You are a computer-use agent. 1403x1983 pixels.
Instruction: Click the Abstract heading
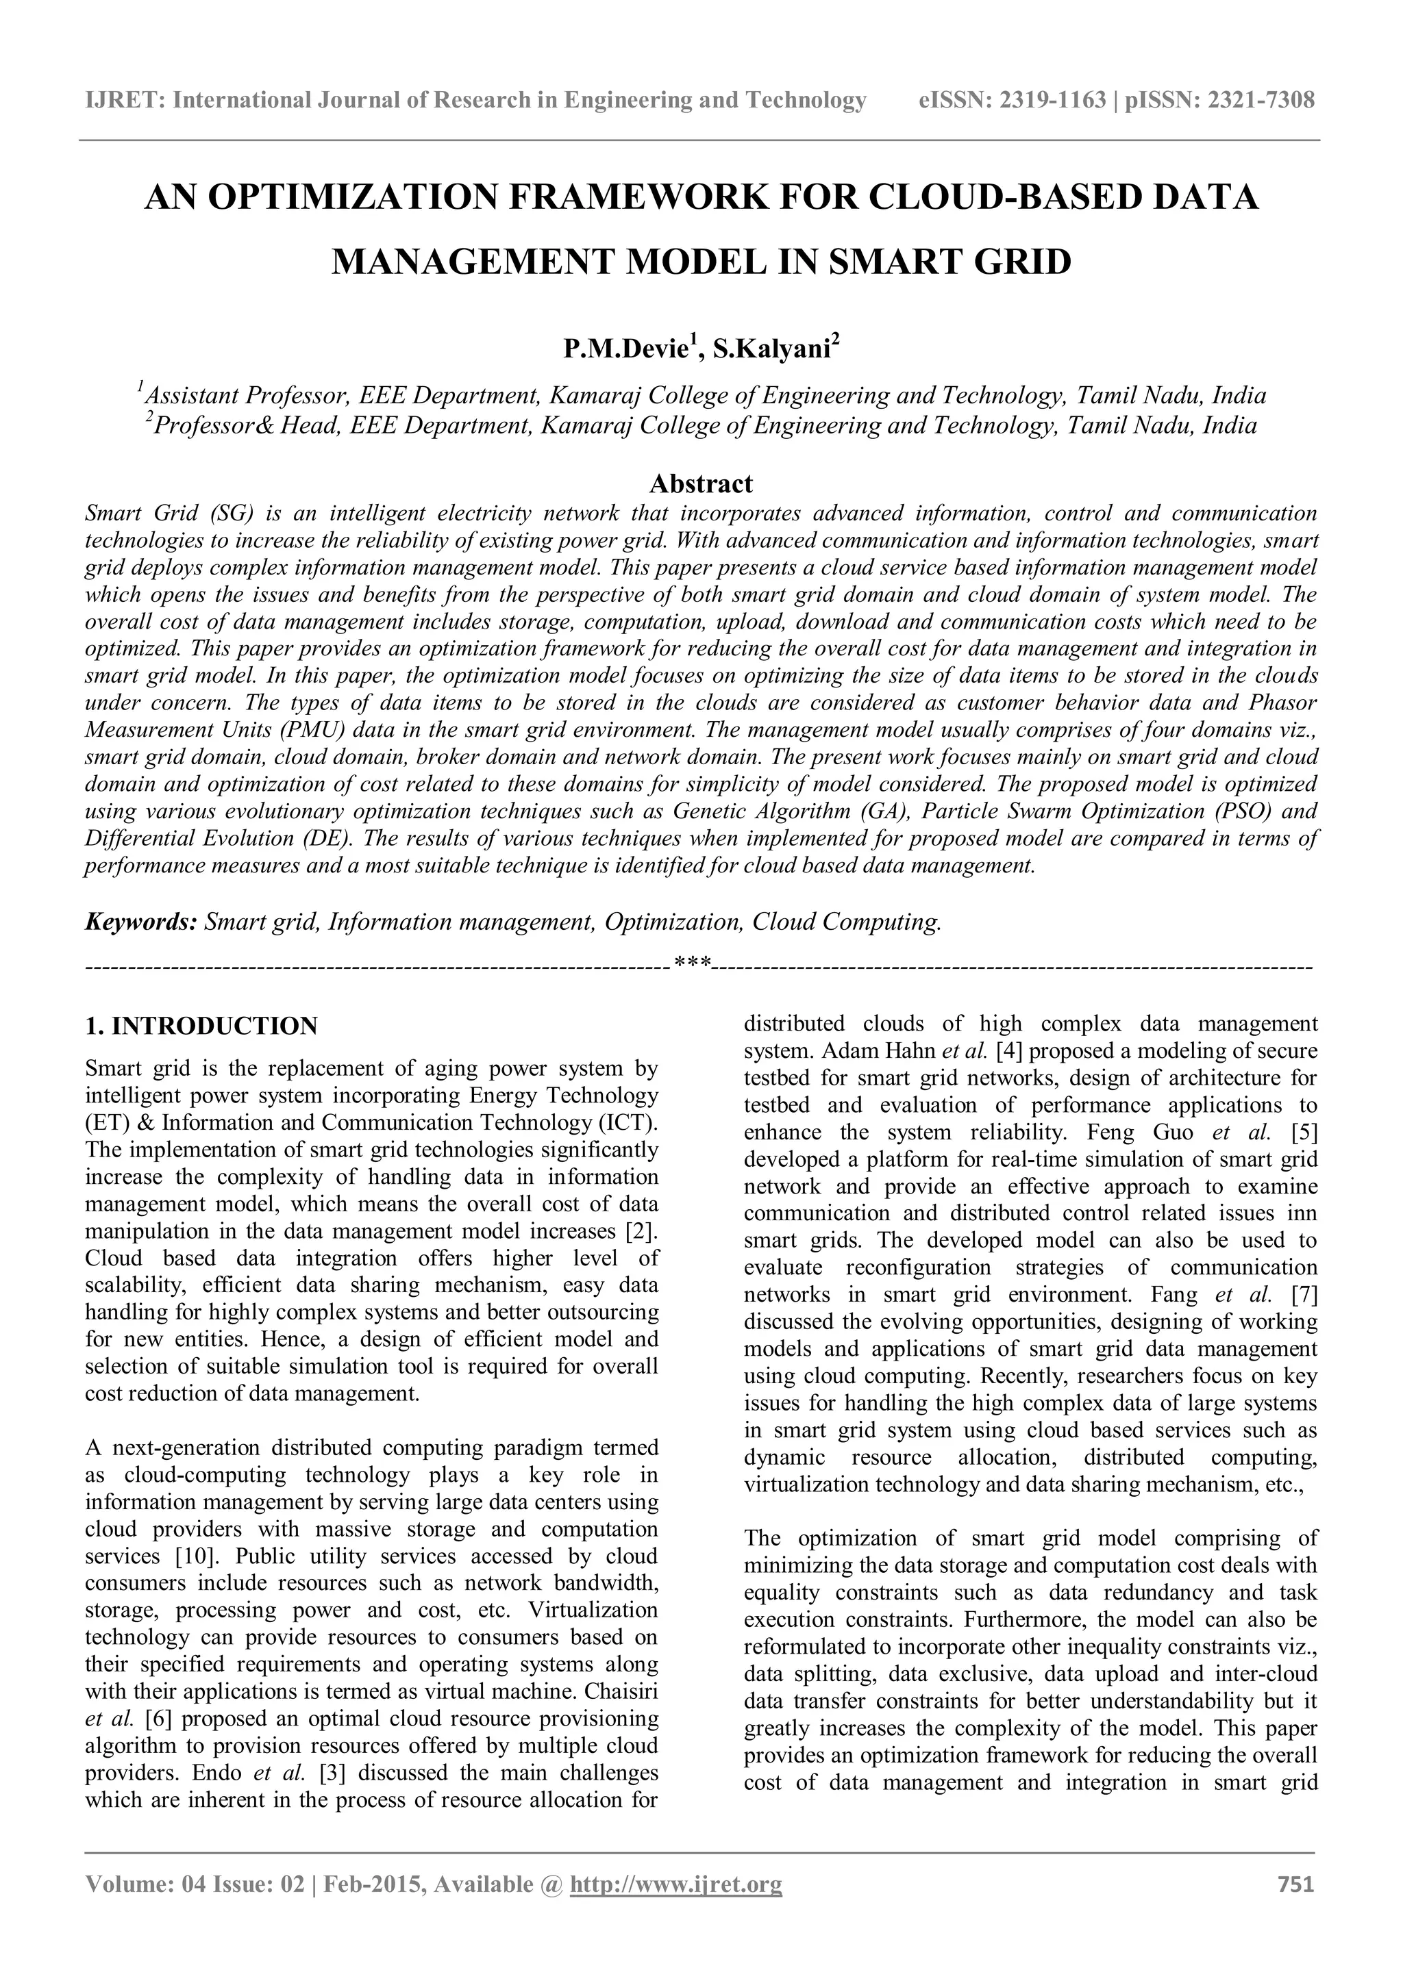tap(701, 483)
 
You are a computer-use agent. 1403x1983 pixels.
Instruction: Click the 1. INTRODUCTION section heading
tap(201, 1026)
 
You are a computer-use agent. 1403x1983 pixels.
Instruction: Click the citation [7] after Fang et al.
tap(1304, 1295)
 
